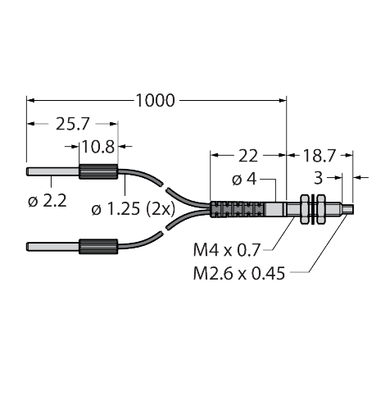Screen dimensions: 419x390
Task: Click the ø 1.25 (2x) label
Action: (x=131, y=210)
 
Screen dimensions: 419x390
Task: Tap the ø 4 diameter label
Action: (x=247, y=178)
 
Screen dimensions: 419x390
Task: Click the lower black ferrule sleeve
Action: (x=98, y=244)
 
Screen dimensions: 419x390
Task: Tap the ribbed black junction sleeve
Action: (x=229, y=208)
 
